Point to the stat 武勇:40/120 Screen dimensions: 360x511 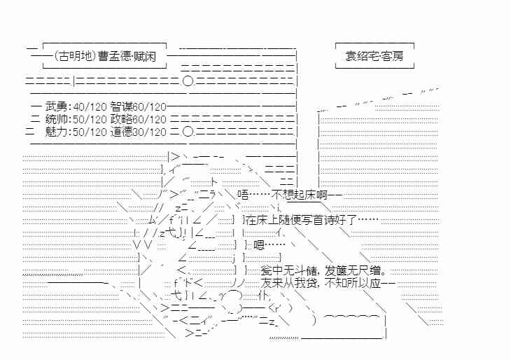click(76, 106)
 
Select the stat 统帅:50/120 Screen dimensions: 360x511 click(76, 118)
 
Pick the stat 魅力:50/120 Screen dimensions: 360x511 click(76, 131)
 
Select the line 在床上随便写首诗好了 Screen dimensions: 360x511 click(312, 220)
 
